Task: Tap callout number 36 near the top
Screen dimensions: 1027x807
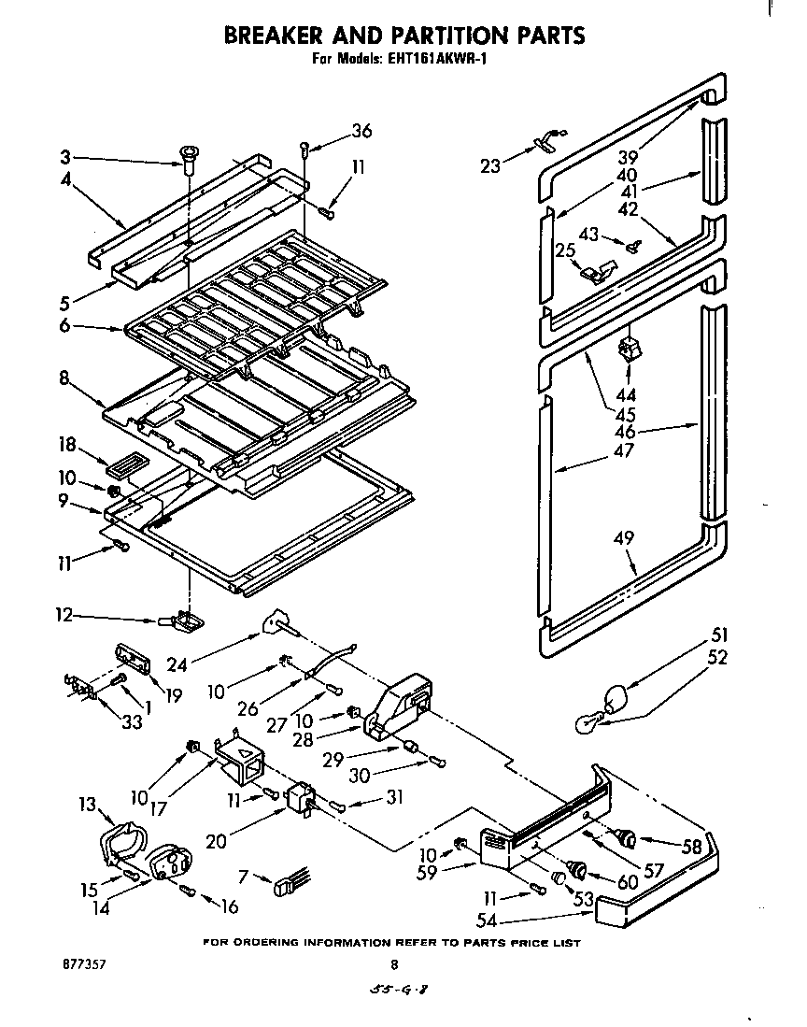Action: pos(361,131)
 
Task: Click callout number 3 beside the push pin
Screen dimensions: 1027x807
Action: pos(65,156)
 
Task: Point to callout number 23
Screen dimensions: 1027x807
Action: pos(490,166)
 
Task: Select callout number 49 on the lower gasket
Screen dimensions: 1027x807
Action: pos(625,538)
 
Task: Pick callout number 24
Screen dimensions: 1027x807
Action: pos(177,663)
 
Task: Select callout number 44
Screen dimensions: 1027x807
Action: pos(627,396)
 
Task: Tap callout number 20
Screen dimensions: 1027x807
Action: pos(215,840)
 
